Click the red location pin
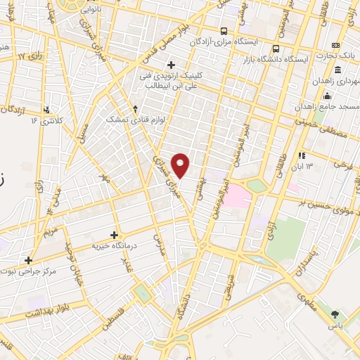(181, 165)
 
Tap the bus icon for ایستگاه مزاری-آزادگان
(224, 31)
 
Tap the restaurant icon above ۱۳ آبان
(302, 155)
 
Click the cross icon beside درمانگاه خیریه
(115, 235)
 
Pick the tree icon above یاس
(335, 314)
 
